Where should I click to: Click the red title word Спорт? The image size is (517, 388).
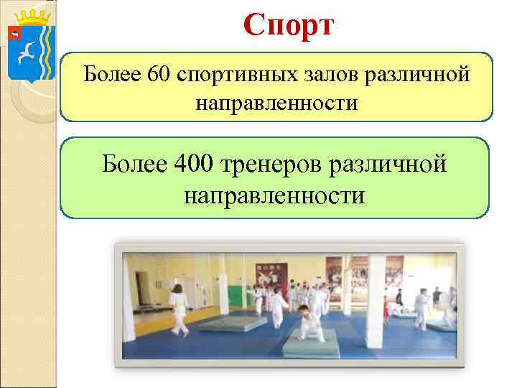[288, 26]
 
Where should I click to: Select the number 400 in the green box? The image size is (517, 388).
[192, 164]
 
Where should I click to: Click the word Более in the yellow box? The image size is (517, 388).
[111, 74]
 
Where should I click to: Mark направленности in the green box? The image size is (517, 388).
[274, 195]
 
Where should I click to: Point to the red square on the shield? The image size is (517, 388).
[14, 32]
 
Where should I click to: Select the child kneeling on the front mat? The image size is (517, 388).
[309, 325]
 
